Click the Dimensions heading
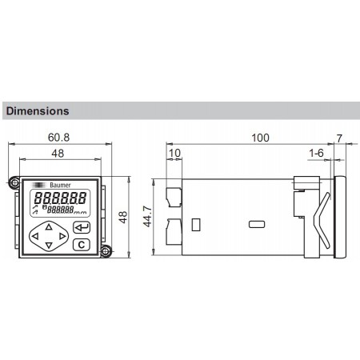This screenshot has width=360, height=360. coord(38,111)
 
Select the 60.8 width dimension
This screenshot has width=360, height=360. coord(58,138)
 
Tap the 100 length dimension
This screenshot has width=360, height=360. coord(260,138)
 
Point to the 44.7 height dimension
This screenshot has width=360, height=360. coord(147,216)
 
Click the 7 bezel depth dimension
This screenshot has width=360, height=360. coord(339,138)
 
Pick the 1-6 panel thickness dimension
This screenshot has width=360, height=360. coord(316,153)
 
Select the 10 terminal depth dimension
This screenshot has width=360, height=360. coord(174,153)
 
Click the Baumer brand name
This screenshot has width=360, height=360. coord(60,185)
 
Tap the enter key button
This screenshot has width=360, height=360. coord(82,227)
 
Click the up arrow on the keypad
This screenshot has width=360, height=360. coord(49,227)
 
